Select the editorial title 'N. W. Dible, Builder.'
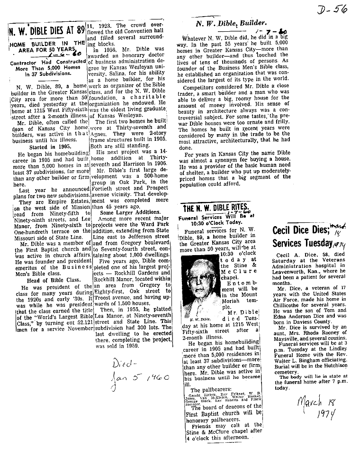pos(232,22)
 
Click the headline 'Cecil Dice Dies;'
pos(301,230)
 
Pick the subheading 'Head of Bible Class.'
pos(46,279)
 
